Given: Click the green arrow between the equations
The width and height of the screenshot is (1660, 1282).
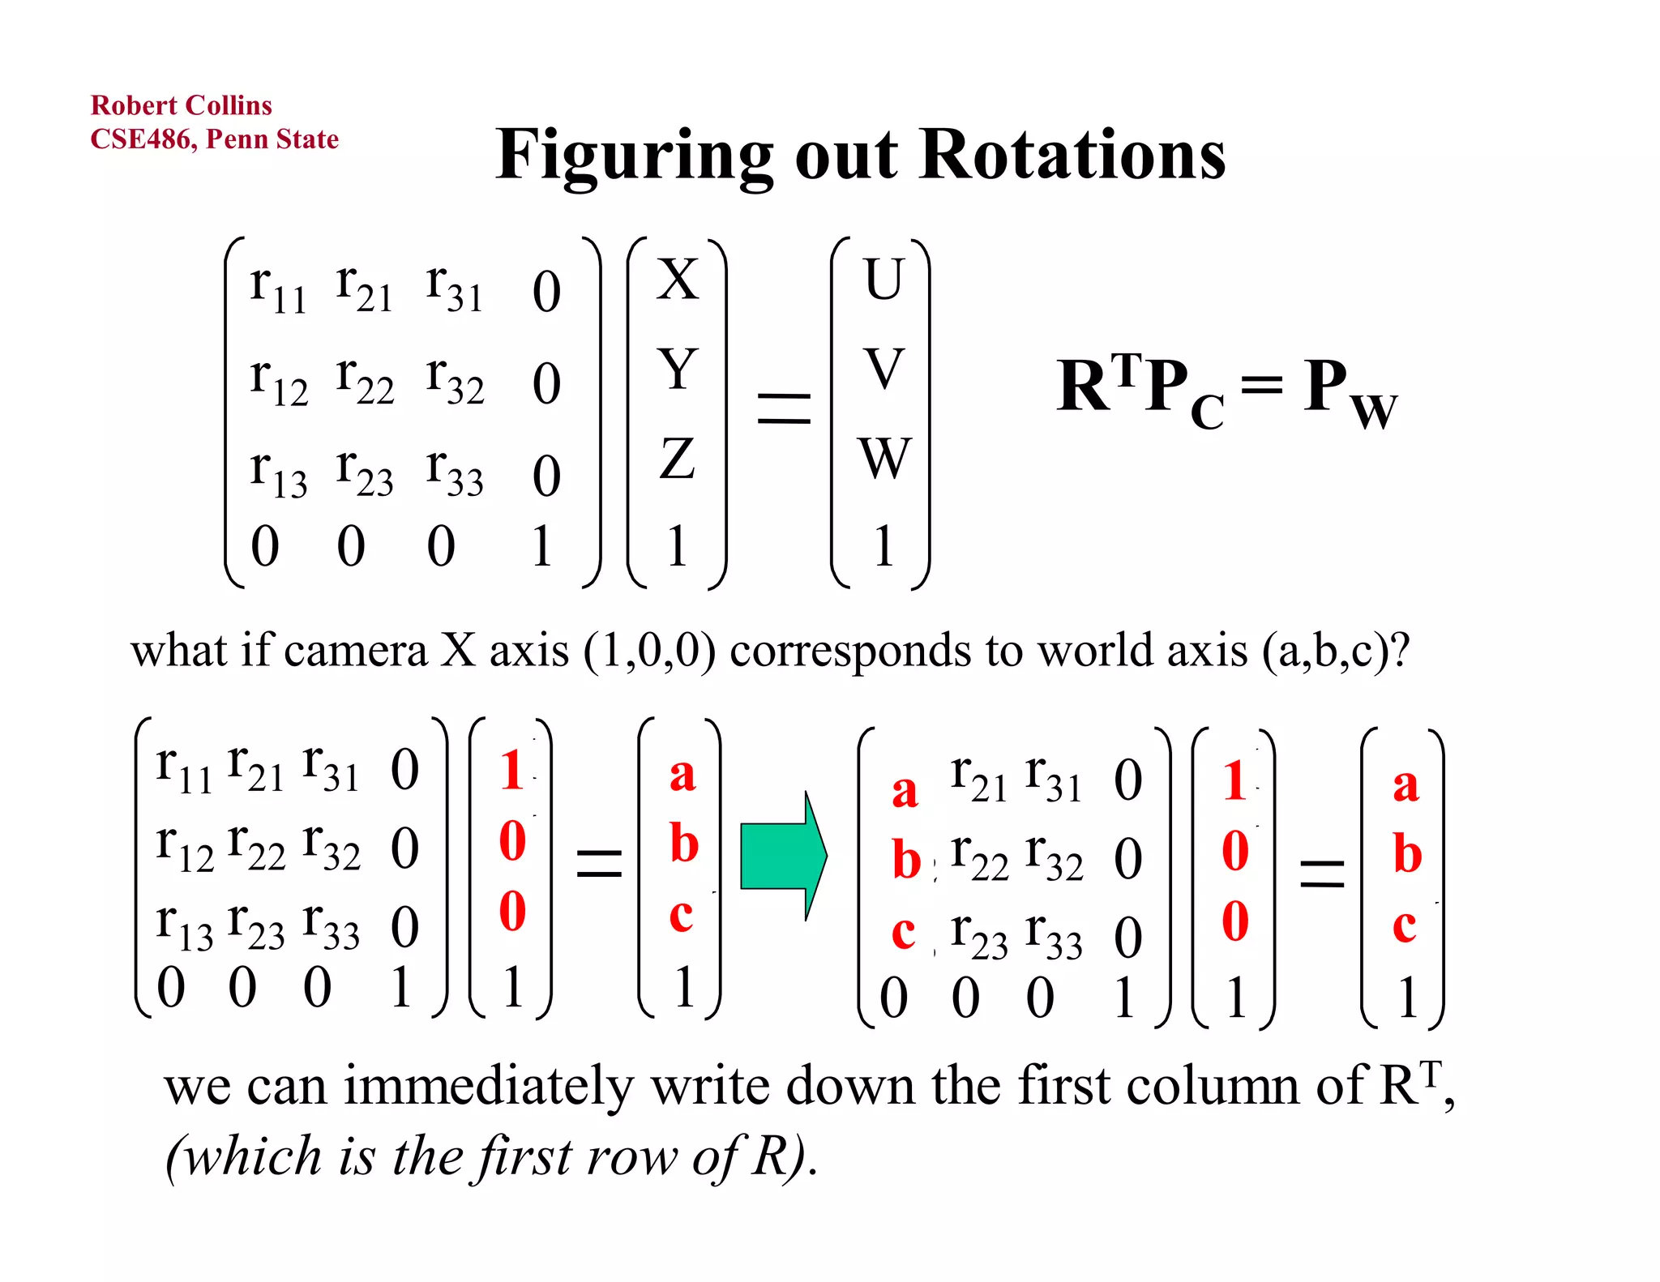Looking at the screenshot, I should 783,856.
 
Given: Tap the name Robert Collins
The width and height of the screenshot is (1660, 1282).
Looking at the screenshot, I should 181,105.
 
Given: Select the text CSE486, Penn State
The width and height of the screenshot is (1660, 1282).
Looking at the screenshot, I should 214,139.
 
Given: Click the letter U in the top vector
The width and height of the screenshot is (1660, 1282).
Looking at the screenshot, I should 883,280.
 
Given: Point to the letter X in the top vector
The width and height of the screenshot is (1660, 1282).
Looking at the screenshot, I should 677,280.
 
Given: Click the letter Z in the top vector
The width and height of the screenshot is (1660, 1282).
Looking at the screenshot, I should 677,459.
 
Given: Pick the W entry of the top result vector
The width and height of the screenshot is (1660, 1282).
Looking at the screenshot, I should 884,459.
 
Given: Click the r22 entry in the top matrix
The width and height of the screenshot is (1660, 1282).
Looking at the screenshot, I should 365,381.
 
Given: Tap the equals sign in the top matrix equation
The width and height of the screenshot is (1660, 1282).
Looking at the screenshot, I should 783,408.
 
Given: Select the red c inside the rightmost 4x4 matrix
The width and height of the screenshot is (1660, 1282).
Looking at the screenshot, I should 903,932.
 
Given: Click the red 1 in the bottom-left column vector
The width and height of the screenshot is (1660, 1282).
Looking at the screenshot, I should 511,770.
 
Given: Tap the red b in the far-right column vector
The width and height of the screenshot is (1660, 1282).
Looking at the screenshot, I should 1407,854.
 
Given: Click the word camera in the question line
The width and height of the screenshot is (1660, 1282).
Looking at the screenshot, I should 355,651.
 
